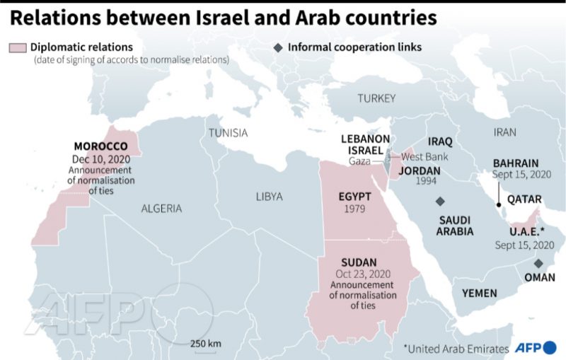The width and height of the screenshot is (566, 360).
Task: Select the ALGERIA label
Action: click(161, 209)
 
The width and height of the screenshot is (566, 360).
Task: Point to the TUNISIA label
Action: click(228, 133)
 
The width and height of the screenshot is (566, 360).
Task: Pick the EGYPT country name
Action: click(354, 196)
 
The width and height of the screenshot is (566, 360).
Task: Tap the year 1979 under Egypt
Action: click(354, 209)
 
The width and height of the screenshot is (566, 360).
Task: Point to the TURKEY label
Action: click(376, 98)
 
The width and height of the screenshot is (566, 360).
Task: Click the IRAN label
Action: click(505, 132)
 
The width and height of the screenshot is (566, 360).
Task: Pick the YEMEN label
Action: click(480, 292)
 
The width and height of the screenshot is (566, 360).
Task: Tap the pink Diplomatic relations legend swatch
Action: click(18, 47)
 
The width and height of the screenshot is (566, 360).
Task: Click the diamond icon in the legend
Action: click(278, 47)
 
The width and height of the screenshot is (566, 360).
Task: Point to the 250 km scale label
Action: click(205, 344)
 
